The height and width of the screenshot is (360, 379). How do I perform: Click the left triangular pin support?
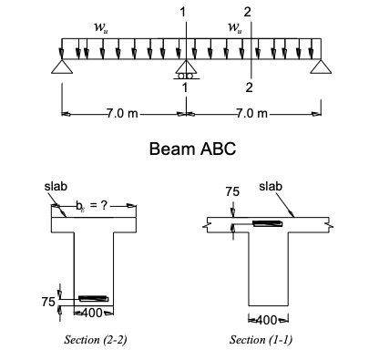(62, 67)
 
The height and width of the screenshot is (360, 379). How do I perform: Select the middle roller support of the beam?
(186, 68)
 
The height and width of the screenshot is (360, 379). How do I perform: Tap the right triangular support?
(318, 67)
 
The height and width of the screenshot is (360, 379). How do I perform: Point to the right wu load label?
(235, 26)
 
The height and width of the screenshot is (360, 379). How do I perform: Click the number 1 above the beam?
(185, 11)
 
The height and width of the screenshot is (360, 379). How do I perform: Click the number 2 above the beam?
(249, 11)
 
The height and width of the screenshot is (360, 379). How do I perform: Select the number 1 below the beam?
(185, 87)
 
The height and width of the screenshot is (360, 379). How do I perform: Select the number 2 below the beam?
(249, 87)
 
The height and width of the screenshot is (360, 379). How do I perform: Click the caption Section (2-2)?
(94, 339)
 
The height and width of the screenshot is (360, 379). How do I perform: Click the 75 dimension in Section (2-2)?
(48, 301)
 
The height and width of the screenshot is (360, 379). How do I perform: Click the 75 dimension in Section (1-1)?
(232, 192)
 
